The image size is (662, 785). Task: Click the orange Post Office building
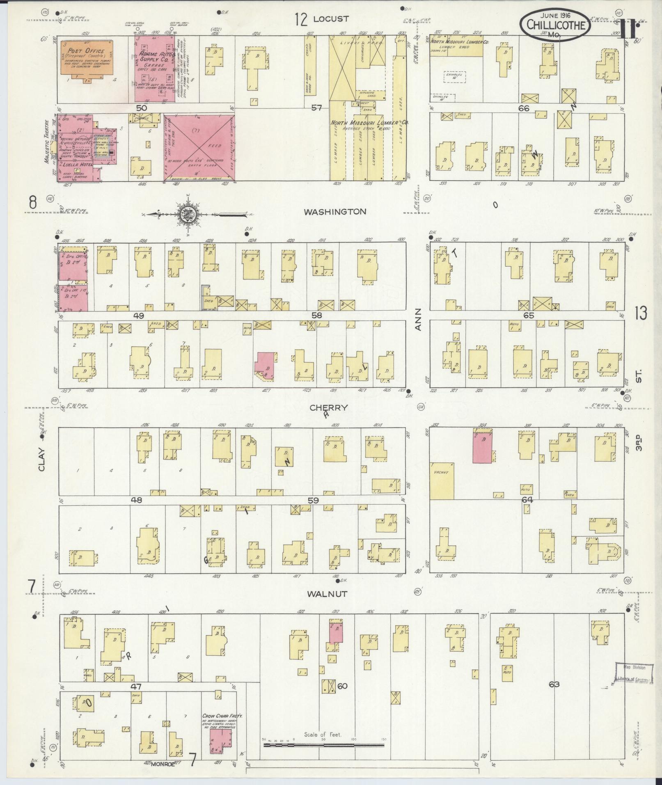[87, 57]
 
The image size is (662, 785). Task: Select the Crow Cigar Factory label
[222, 428]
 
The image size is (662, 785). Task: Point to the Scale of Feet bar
[323, 457]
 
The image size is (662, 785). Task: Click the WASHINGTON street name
[334, 212]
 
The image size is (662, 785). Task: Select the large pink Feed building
[200, 147]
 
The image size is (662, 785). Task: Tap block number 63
[554, 684]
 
